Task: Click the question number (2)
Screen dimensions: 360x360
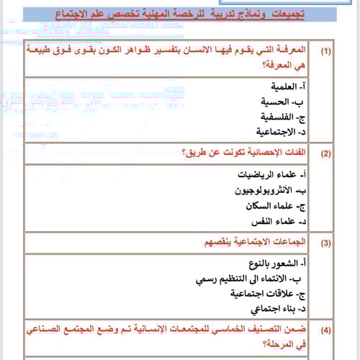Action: click(326, 153)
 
